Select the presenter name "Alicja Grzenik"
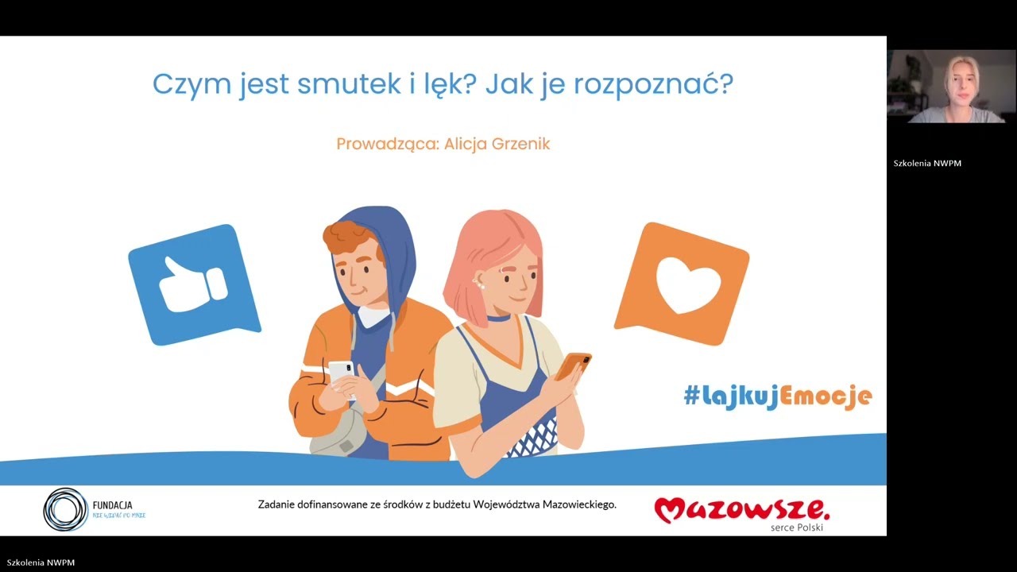point(497,144)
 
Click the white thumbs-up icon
point(193,283)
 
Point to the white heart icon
point(688,284)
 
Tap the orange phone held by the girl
point(573,365)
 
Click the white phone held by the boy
point(341,372)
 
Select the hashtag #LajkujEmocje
point(777,396)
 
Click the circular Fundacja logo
point(65,509)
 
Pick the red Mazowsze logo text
point(741,509)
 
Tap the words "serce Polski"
point(796,528)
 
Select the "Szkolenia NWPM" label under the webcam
point(927,164)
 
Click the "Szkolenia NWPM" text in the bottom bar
point(41,562)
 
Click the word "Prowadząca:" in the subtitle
point(387,144)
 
